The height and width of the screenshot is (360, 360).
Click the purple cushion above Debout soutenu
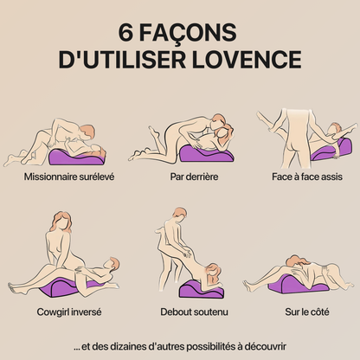click(x=196, y=286)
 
